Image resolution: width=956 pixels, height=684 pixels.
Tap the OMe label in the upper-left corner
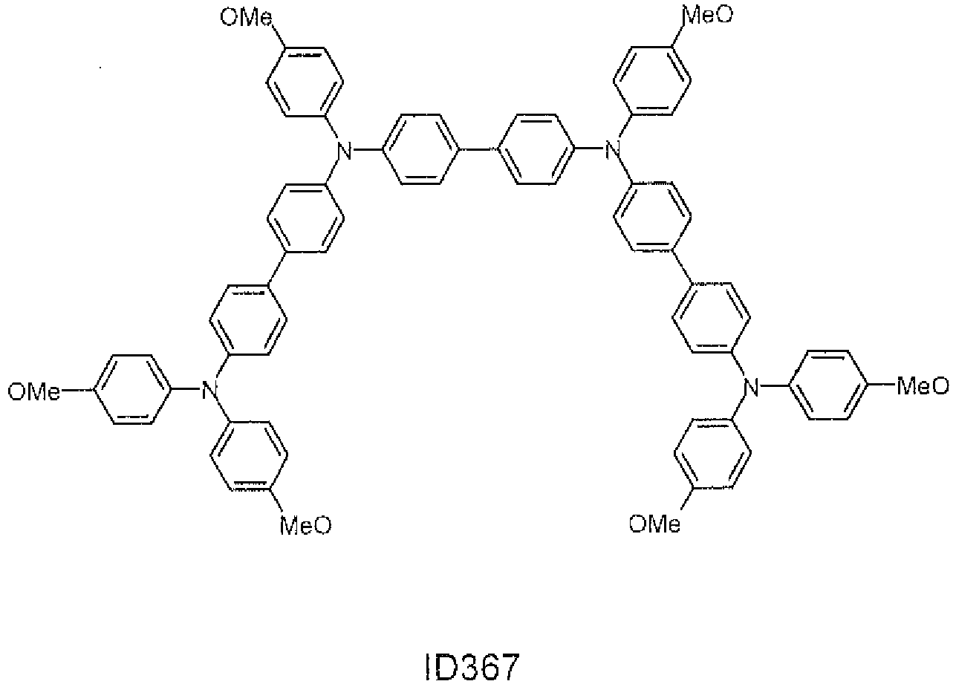(247, 18)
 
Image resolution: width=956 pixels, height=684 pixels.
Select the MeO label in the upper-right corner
(708, 15)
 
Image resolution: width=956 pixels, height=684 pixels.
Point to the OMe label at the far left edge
(34, 391)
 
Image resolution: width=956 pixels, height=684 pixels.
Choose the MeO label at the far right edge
(923, 385)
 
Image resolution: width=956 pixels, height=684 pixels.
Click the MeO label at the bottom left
(305, 525)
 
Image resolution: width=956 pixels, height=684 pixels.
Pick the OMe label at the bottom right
(654, 524)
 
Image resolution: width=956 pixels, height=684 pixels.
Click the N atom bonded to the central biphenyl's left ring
(344, 151)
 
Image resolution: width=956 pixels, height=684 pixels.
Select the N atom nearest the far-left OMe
(209, 390)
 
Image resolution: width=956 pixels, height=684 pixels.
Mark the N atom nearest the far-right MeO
(751, 387)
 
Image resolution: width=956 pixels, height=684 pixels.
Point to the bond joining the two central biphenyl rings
(479, 149)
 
